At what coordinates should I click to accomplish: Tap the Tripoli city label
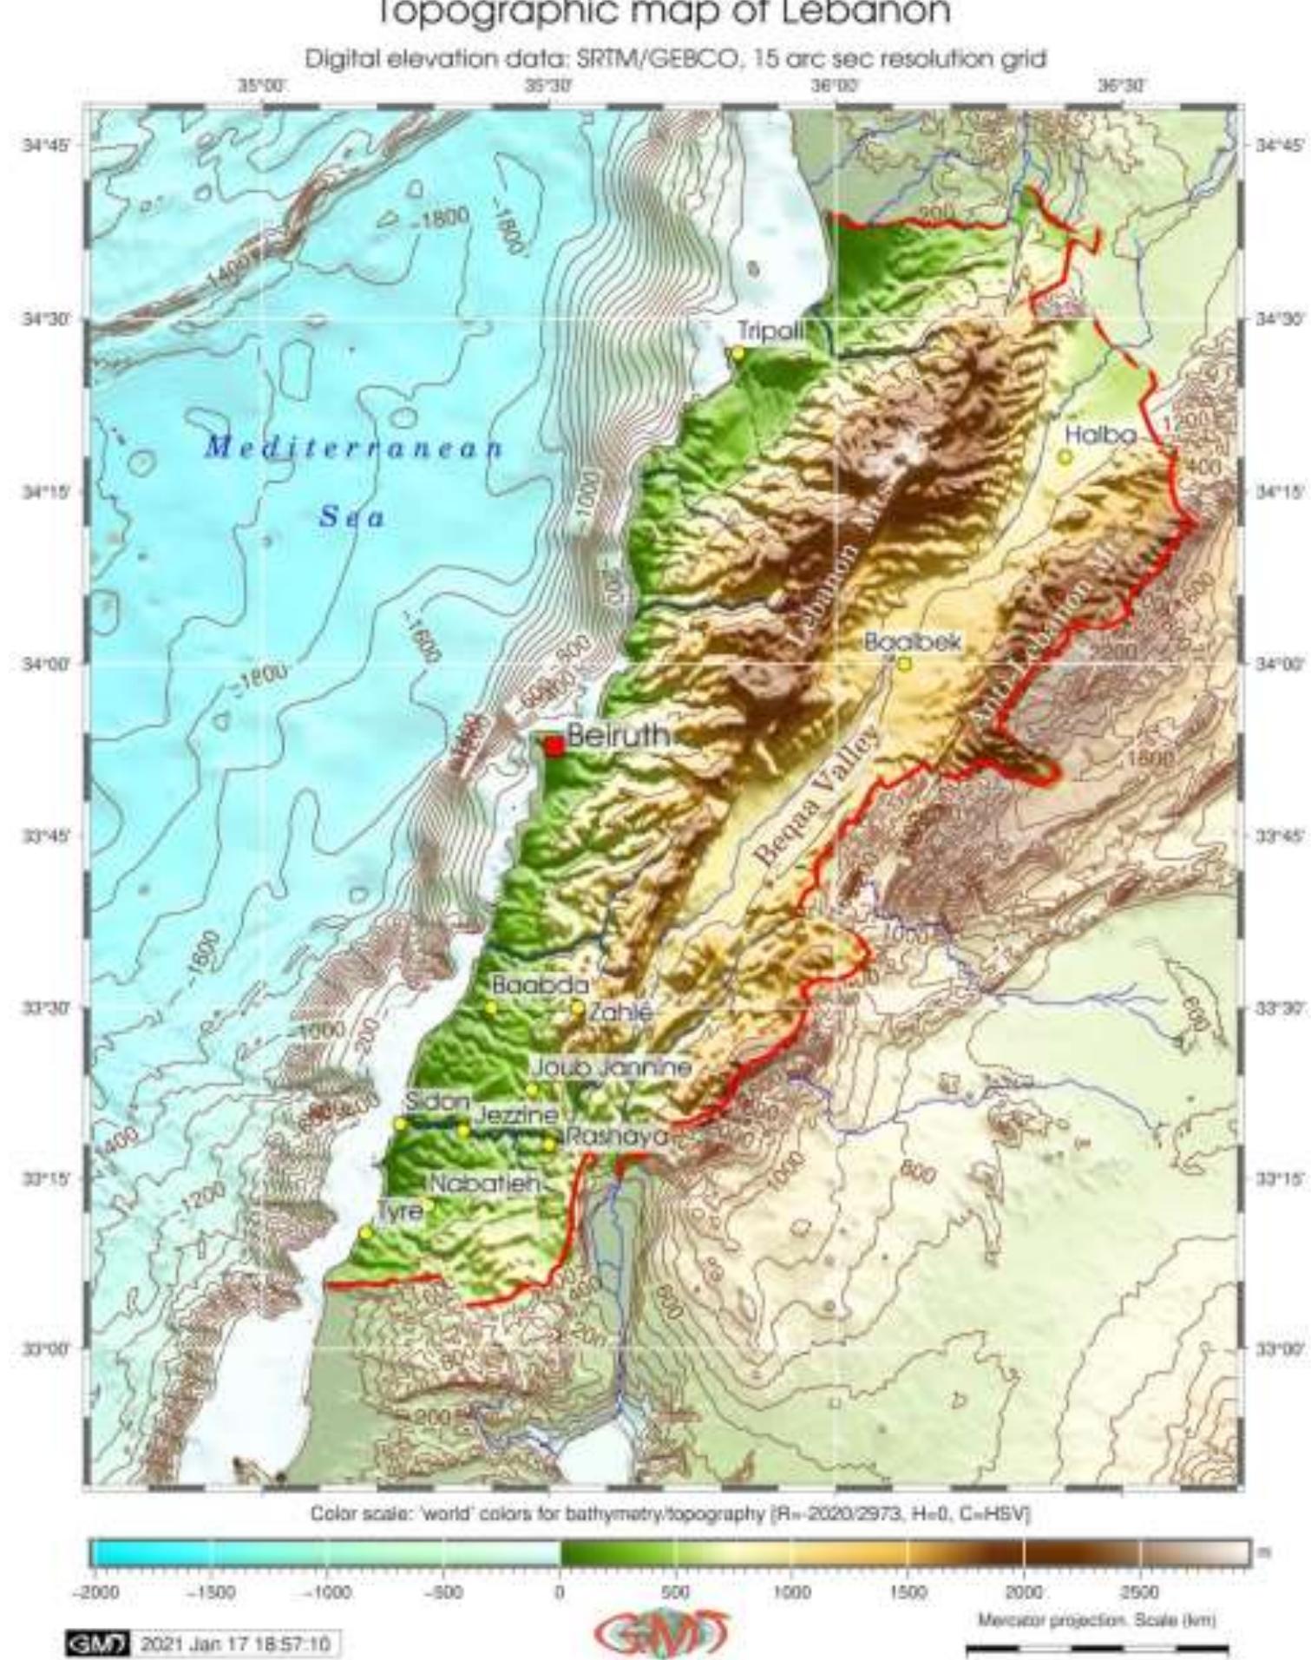point(770,331)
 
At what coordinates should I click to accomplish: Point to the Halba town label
point(1100,435)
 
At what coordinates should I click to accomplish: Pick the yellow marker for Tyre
point(365,1232)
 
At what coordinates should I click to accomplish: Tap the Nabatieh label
point(485,1184)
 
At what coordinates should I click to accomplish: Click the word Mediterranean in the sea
point(354,448)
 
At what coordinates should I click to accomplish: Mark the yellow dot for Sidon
point(400,1124)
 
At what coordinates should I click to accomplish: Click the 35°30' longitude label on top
point(547,86)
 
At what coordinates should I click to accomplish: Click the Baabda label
point(540,986)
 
